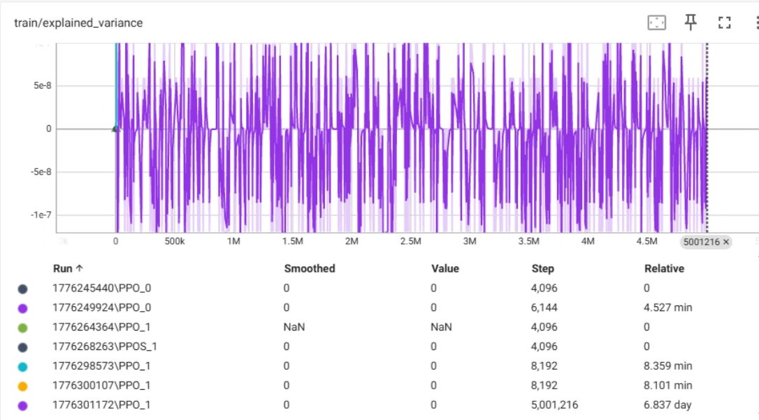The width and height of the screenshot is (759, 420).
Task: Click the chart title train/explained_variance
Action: [78, 23]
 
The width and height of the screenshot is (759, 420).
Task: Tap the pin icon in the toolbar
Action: [691, 22]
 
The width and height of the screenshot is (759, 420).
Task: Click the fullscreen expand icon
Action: [724, 23]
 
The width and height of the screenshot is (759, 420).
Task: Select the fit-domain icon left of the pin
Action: [657, 23]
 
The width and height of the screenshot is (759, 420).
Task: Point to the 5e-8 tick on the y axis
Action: [43, 86]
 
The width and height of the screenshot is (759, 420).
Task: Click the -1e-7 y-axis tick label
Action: [41, 215]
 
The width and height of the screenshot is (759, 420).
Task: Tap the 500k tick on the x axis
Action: [175, 241]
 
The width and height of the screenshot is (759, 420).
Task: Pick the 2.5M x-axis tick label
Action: [410, 241]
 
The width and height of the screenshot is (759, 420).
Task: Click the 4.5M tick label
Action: [646, 241]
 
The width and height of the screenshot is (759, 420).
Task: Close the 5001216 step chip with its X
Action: [725, 242]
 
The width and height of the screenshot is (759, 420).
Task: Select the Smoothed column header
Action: [310, 268]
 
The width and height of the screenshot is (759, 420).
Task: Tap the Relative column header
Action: [664, 268]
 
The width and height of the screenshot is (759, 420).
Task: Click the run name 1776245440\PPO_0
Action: [101, 289]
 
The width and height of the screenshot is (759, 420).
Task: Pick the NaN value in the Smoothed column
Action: [294, 327]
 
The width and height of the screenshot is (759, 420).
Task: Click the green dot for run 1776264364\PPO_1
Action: [23, 328]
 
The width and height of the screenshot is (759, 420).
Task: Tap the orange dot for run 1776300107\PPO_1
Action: [23, 386]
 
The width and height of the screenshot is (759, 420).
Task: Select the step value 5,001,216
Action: [554, 405]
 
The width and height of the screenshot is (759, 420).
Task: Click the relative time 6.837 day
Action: [667, 405]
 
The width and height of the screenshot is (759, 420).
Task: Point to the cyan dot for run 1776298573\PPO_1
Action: [23, 367]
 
